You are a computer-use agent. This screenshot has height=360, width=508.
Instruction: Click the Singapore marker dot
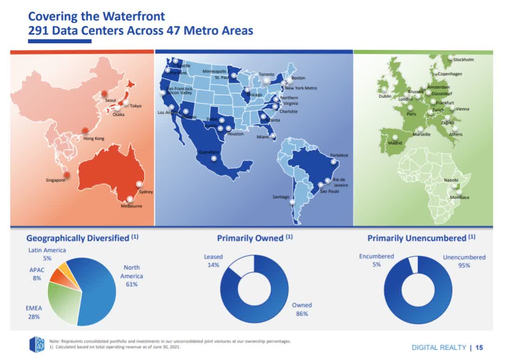click(67, 175)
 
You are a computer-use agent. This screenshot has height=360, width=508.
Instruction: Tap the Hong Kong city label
click(94, 138)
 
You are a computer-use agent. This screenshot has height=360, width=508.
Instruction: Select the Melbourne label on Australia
click(131, 206)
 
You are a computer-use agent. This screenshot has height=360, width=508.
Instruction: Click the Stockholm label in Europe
click(463, 60)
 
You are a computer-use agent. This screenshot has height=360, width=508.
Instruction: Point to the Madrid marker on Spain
click(395, 137)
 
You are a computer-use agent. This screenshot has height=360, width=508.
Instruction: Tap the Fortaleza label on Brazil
click(339, 155)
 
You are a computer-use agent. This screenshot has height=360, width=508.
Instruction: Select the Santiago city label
click(281, 197)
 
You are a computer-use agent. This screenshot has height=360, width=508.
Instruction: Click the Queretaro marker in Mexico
click(214, 158)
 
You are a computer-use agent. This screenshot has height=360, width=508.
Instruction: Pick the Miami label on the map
click(262, 137)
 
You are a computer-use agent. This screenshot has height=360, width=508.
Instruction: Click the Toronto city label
click(266, 75)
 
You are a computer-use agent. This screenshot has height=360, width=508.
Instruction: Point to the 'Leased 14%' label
click(213, 260)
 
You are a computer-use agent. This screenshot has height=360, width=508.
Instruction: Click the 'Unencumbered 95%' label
click(464, 261)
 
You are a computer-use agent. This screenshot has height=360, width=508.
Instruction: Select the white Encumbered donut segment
click(413, 265)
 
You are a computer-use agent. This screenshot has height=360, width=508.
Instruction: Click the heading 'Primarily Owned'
click(250, 238)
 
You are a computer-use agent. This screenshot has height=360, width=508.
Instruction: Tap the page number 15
click(479, 347)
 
